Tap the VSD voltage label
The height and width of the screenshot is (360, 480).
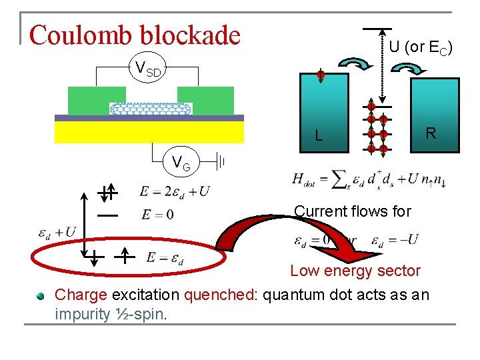click(x=147, y=68)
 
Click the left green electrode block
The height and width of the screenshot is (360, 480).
click(x=88, y=100)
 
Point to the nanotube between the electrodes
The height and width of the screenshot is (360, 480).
click(x=151, y=108)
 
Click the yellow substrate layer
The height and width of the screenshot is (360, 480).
click(x=149, y=131)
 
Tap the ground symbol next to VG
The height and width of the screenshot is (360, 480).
click(x=223, y=161)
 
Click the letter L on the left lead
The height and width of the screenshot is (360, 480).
click(x=319, y=136)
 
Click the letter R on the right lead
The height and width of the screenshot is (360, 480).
click(x=431, y=133)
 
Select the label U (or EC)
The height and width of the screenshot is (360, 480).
click(x=421, y=47)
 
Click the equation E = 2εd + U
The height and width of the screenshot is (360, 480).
click(x=175, y=191)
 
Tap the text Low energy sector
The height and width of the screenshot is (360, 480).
click(x=355, y=271)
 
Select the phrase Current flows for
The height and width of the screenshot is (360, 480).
click(x=353, y=211)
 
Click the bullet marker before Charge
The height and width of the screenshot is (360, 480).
click(x=41, y=295)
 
